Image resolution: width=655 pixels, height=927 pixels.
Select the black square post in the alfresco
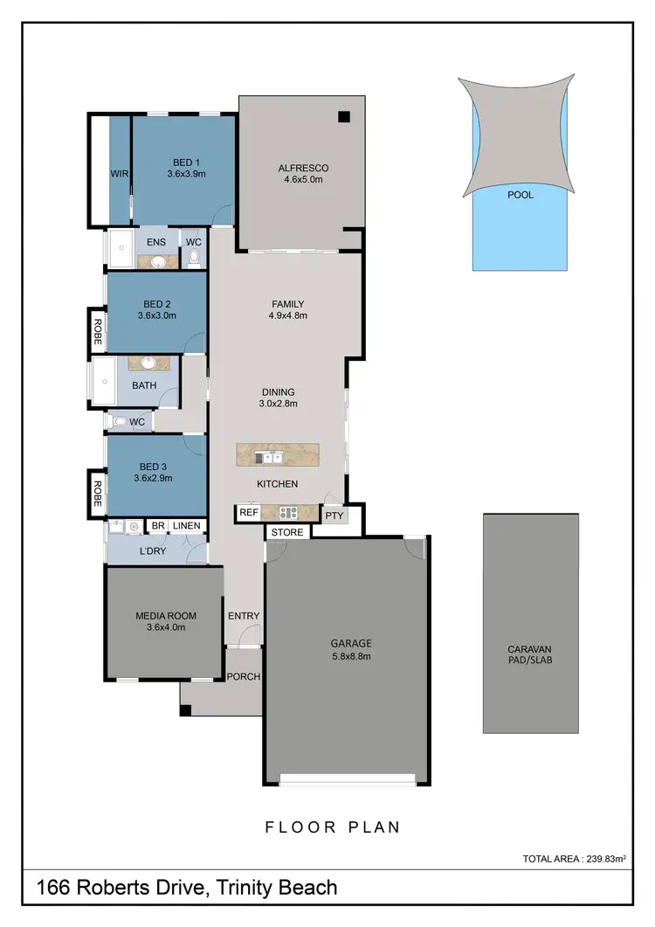pyautogui.click(x=345, y=116)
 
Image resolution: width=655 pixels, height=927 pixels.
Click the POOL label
pyautogui.click(x=520, y=195)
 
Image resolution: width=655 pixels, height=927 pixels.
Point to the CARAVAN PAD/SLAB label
pyautogui.click(x=529, y=654)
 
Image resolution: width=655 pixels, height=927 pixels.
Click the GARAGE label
pyautogui.click(x=350, y=643)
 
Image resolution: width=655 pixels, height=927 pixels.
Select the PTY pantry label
pyautogui.click(x=334, y=515)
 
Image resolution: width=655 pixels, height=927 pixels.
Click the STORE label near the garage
pyautogui.click(x=287, y=532)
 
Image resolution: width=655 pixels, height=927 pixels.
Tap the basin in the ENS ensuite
pyautogui.click(x=159, y=260)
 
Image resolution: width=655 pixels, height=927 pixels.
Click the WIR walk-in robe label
pyautogui.click(x=120, y=174)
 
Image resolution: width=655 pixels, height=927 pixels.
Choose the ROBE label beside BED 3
pyautogui.click(x=98, y=495)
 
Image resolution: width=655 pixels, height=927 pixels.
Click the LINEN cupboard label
pyautogui.click(x=186, y=526)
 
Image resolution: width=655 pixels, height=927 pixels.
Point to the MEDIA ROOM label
pyautogui.click(x=166, y=616)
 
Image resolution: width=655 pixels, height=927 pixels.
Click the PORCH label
pyautogui.click(x=244, y=677)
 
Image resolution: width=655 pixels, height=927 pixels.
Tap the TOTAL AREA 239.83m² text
pyautogui.click(x=574, y=860)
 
